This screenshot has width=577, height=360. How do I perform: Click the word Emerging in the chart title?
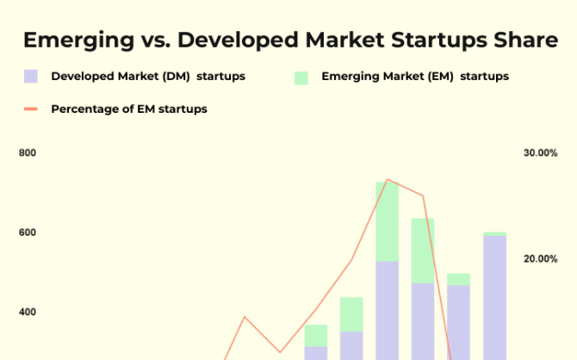tap(78, 40)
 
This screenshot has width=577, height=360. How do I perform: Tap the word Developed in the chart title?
tap(238, 40)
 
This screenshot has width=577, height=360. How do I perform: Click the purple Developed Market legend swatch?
tap(31, 77)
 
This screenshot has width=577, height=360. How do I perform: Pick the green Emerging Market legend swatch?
tap(301, 78)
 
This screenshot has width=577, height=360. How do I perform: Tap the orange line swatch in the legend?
tap(31, 109)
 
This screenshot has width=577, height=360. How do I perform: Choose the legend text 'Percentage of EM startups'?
tap(129, 109)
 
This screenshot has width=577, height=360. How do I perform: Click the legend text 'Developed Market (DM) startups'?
tap(148, 77)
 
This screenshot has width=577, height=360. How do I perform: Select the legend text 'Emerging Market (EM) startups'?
tap(415, 77)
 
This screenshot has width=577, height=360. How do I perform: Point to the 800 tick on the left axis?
tap(28, 152)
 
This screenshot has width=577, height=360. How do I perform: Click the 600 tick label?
tap(28, 233)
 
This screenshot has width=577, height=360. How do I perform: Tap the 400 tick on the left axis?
tap(28, 312)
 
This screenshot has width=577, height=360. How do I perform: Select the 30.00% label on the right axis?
tap(541, 152)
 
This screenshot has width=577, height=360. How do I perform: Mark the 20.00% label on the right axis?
tap(541, 258)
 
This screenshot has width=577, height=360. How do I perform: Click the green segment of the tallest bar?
tap(388, 221)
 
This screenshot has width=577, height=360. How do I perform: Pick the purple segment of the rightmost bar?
tap(494, 298)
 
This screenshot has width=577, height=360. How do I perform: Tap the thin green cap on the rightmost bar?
tap(494, 233)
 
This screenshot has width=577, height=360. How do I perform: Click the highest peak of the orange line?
tap(388, 180)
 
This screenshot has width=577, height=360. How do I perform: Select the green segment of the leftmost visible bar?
tap(316, 336)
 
